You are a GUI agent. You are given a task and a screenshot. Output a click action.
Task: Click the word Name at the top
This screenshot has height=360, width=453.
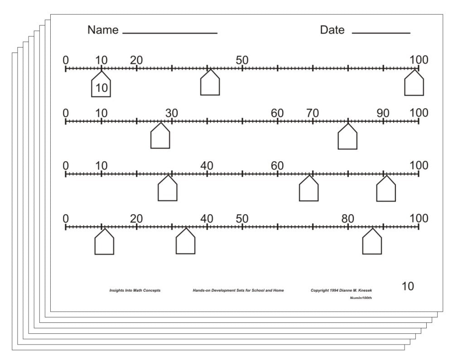(103, 30)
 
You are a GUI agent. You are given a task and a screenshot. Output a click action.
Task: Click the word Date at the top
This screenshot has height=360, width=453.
(332, 30)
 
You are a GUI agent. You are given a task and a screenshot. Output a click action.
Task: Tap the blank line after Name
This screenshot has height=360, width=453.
(170, 33)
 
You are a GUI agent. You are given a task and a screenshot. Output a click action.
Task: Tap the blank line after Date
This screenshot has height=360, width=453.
(381, 33)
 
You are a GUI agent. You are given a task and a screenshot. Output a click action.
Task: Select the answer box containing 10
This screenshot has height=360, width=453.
(101, 85)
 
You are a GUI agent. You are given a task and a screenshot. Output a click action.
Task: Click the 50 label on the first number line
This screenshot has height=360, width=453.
(242, 60)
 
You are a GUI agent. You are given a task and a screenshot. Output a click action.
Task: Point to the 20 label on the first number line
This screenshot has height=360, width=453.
(136, 60)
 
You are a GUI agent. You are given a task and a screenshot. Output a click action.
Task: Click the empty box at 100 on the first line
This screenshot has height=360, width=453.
(414, 84)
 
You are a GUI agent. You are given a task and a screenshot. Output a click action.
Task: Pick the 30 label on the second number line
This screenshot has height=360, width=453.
(172, 113)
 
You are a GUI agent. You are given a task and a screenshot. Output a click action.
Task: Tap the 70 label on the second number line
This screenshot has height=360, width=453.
(313, 113)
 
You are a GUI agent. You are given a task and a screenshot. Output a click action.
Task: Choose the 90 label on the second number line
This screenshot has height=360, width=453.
(383, 113)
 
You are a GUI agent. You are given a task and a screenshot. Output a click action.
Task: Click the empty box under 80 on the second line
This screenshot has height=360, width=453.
(347, 137)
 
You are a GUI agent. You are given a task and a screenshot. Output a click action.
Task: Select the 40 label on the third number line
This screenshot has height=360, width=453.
(207, 166)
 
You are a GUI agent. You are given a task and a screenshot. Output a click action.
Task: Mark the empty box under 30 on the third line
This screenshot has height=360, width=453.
(167, 190)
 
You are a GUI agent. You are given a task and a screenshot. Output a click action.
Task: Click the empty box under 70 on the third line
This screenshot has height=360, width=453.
(308, 190)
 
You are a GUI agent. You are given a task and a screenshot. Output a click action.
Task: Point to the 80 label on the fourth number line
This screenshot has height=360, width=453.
(348, 219)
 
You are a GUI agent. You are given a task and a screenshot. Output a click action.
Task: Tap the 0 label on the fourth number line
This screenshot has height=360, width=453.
(66, 219)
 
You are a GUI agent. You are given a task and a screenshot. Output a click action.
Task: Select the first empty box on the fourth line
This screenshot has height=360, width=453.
(104, 243)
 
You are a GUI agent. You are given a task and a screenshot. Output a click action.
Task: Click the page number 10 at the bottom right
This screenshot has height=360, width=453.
(408, 286)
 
